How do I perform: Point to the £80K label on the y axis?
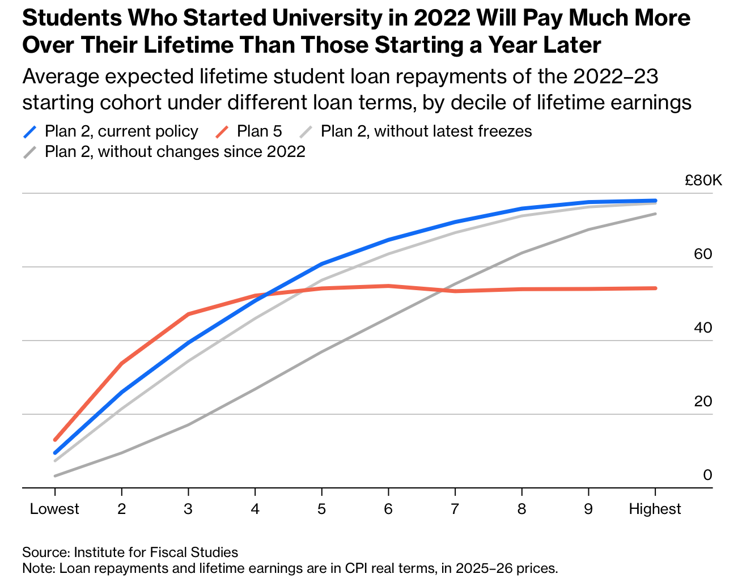(703, 181)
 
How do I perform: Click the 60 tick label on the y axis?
(703, 254)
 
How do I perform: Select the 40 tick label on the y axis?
(703, 328)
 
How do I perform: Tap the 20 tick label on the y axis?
(703, 402)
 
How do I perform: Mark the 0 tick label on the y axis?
(707, 475)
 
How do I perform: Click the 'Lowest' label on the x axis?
(54, 509)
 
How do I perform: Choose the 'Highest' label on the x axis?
(655, 509)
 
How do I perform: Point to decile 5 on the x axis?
(321, 509)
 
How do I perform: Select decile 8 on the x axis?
(521, 509)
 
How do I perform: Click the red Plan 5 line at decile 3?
(188, 314)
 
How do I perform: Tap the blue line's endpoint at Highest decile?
(655, 201)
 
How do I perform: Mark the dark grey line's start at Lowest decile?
(55, 476)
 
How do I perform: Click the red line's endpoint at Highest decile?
(655, 288)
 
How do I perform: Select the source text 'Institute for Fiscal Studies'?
(156, 552)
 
